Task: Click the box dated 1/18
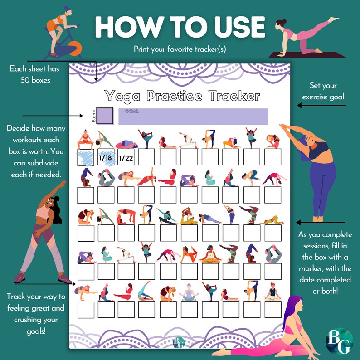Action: (105, 157)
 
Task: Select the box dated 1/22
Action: (125, 157)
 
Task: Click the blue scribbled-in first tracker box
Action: (85, 157)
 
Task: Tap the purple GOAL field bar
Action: (193, 116)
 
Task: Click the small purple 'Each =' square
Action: (105, 115)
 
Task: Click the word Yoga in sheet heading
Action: (122, 96)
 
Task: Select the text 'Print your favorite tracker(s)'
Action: (180, 49)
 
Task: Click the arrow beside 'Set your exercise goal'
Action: (321, 105)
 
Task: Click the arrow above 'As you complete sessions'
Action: (321, 223)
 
